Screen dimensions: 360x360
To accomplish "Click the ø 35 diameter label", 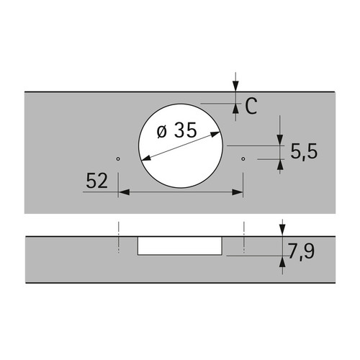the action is pos(177,130).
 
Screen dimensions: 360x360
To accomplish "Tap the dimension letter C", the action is pos(251,106).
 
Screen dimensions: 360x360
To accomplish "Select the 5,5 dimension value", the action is pos(304,151).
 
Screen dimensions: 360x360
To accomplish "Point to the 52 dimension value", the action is pos(96,181).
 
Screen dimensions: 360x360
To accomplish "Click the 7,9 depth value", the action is pos(302,251).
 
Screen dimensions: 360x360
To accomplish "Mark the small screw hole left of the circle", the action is pos(118,158).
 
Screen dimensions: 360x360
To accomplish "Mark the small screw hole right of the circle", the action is pos(243,158).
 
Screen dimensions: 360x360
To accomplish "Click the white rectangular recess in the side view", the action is pos(180,246).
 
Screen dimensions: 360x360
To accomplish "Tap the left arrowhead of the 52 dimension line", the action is pos(124,192).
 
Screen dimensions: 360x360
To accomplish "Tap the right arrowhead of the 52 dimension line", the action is pos(237,192).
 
